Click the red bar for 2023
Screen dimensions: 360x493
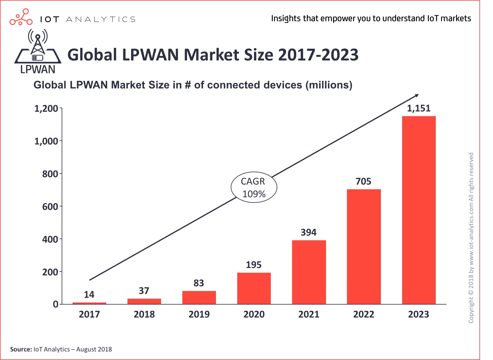coord(419,210)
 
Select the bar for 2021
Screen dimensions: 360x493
coord(309,272)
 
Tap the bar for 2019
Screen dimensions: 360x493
coord(199,297)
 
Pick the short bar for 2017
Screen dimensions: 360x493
coord(89,303)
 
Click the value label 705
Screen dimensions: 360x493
coord(363,181)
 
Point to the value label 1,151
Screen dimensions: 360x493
coord(419,109)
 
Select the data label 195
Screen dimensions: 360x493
coord(254,265)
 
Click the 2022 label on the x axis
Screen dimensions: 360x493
coord(363,314)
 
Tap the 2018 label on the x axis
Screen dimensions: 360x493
coord(144,314)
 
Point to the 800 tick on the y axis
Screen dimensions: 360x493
coord(50,174)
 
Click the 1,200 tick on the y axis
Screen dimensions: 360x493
coord(46,109)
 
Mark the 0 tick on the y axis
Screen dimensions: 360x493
coord(55,304)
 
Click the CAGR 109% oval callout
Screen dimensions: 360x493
coord(254,188)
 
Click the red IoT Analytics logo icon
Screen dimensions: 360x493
coord(21,17)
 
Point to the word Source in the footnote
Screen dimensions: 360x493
coord(21,349)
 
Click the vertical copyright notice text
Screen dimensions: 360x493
coord(471,238)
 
